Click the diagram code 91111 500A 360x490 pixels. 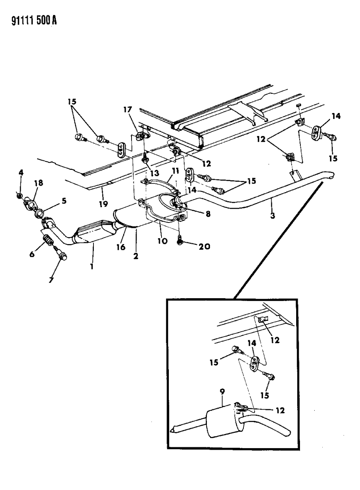(x=29, y=20)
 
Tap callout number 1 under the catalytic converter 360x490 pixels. (x=92, y=266)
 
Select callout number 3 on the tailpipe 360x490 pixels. (x=272, y=216)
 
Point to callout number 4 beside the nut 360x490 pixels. (x=21, y=173)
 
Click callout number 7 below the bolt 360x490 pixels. (x=51, y=280)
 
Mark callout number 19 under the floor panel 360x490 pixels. (x=103, y=204)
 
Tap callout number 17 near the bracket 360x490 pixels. (x=128, y=110)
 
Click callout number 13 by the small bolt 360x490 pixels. (x=155, y=173)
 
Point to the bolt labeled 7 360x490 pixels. (x=61, y=254)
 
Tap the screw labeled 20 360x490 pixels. (x=180, y=240)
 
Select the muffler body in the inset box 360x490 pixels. (x=222, y=423)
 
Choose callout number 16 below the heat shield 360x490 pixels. (x=121, y=247)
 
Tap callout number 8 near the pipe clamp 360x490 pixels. (x=208, y=214)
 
